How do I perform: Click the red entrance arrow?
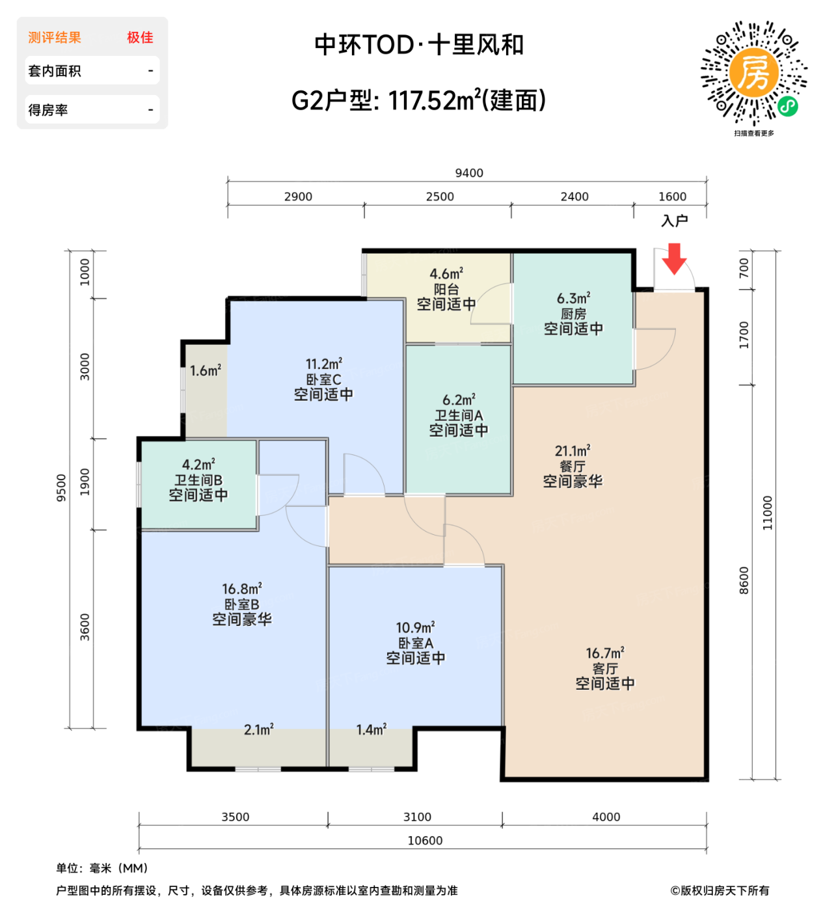click(x=674, y=258)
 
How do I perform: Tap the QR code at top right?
click(x=753, y=72)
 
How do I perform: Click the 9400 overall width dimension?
click(x=468, y=173)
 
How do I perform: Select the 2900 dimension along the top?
click(x=298, y=197)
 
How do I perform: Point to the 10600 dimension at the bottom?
click(x=425, y=841)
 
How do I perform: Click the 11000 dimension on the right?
click(x=768, y=513)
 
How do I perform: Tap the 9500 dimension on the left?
click(x=62, y=487)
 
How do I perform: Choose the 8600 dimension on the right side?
click(x=744, y=580)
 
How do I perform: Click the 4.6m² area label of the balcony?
click(x=446, y=274)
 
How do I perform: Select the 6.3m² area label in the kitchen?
click(x=573, y=298)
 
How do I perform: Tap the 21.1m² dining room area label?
click(x=573, y=450)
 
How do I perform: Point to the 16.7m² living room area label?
click(x=605, y=653)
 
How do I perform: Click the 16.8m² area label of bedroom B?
click(x=242, y=589)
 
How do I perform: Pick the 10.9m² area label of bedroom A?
click(x=415, y=627)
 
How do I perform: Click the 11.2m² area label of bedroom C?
click(x=324, y=364)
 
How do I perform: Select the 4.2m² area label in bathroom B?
click(x=198, y=465)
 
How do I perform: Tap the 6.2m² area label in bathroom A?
click(x=459, y=400)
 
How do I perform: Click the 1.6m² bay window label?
click(x=206, y=370)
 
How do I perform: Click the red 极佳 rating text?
click(x=140, y=38)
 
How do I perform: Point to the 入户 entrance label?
click(x=674, y=221)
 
